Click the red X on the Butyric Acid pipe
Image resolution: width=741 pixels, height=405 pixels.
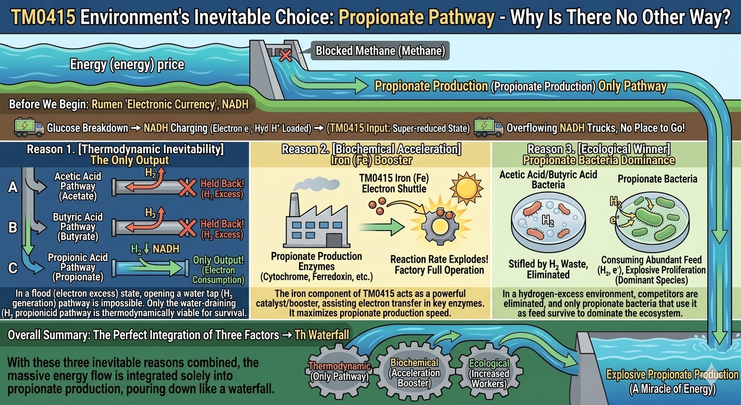point(186,228)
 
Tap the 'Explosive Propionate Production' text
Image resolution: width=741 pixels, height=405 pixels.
point(672,375)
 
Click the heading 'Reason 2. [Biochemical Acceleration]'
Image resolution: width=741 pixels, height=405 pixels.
point(371,149)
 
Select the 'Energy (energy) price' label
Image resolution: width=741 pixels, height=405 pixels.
point(127,65)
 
